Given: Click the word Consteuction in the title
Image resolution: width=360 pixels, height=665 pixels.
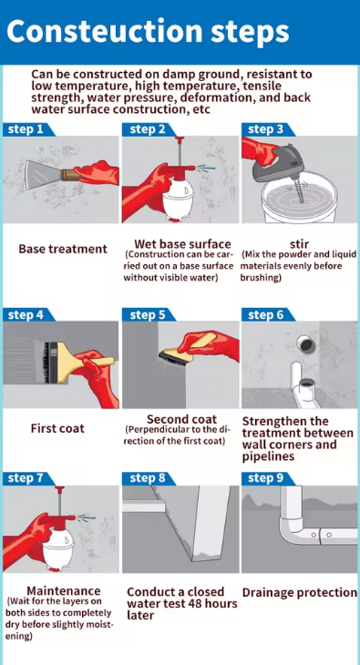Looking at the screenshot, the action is point(105,31).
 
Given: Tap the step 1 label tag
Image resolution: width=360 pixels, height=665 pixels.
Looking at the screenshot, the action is point(28,129).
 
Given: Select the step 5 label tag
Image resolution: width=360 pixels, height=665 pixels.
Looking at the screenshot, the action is point(149,314).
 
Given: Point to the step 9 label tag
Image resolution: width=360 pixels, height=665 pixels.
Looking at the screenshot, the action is point(268,478).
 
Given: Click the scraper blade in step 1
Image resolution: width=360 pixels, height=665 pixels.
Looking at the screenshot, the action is point(43,174).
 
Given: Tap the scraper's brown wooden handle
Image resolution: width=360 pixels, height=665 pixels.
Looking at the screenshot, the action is point(70,175).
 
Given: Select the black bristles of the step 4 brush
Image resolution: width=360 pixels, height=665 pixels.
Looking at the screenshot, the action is point(46,363).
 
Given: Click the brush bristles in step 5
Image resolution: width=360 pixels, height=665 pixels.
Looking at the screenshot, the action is point(168,356).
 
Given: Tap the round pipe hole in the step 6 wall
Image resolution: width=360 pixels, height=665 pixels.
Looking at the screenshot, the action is point(305,344).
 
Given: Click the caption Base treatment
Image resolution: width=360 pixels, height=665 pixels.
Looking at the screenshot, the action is point(63,249).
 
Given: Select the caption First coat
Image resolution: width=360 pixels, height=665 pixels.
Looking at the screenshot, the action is point(57,428).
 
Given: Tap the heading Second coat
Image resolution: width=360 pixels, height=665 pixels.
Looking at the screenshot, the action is point(181,419).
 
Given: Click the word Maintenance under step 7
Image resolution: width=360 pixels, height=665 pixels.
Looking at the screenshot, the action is point(64,591).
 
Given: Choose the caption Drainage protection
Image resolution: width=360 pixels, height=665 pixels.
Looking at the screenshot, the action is point(300,593).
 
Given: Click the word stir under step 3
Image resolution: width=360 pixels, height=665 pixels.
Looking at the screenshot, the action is point(300,244).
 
